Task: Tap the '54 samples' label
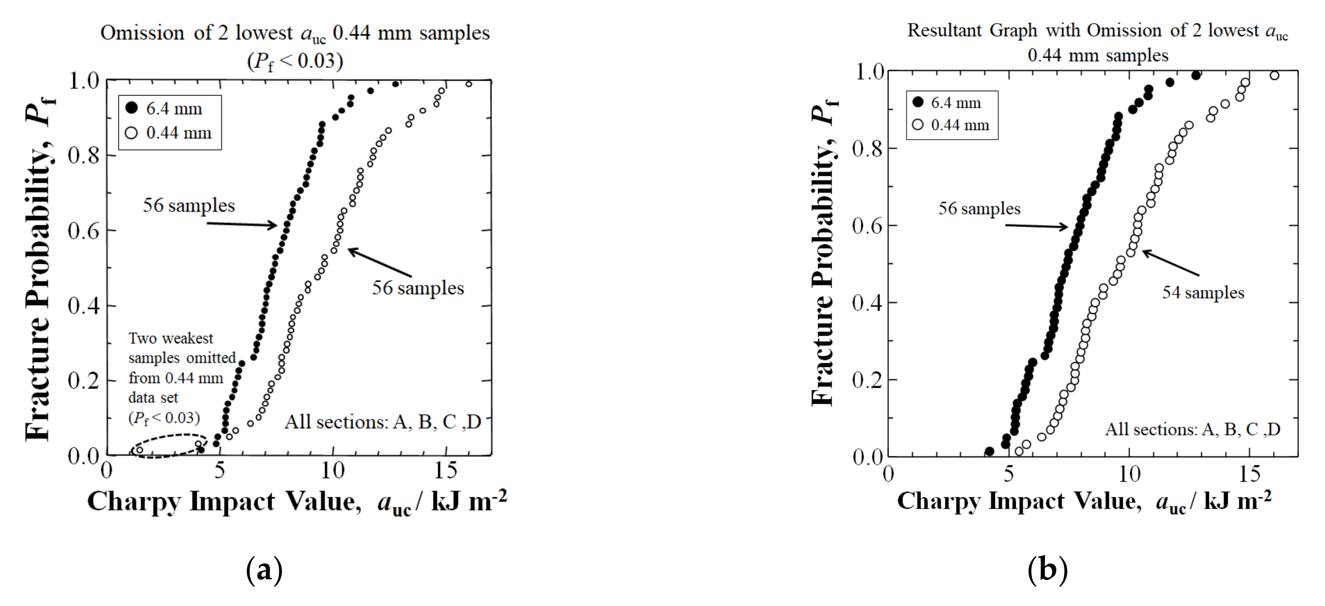[x=1203, y=293]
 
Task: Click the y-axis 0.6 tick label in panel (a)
[x=83, y=231]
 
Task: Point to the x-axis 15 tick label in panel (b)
[x=1249, y=474]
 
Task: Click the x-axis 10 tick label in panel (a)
[x=332, y=470]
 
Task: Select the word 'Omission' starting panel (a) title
[x=142, y=33]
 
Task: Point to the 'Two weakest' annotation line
[x=170, y=338]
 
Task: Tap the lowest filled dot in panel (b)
[x=989, y=451]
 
